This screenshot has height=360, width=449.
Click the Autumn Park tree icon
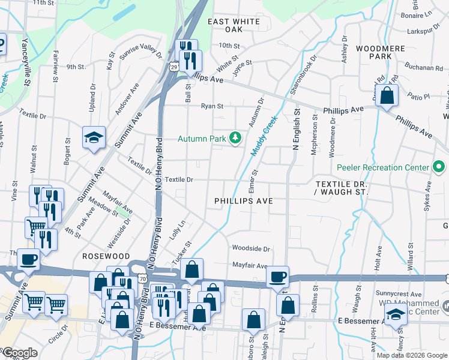(x=236, y=139)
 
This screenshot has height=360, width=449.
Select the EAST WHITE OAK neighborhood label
(x=234, y=25)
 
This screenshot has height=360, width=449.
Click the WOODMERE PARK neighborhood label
(x=373, y=52)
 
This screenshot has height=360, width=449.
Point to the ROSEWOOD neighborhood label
(x=102, y=256)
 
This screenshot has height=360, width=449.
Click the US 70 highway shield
(x=158, y=279)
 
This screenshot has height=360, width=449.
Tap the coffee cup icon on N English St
(x=277, y=277)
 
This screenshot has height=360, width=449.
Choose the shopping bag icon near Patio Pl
(x=387, y=95)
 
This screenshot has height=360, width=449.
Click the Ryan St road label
(x=212, y=106)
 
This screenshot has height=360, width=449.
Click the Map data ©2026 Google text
(x=412, y=355)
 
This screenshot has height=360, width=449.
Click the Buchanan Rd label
(x=424, y=67)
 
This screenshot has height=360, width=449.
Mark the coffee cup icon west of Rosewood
(x=28, y=260)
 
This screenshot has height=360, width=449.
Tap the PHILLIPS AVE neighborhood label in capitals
(x=243, y=201)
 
